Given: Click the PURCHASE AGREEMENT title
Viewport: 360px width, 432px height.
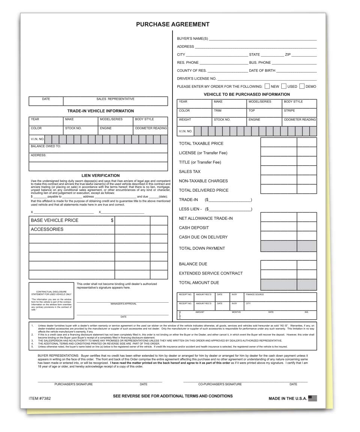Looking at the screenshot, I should point(172,24).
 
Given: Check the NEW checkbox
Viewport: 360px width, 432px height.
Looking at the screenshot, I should point(267,86).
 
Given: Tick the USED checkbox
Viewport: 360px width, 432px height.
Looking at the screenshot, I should point(284,86).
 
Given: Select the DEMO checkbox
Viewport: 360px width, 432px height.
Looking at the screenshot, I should point(302,86).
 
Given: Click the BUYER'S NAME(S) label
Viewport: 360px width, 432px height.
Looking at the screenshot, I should point(192,39).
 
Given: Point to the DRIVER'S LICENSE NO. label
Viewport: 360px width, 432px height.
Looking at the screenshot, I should point(196,78).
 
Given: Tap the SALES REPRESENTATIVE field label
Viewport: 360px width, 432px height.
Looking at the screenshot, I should point(115,99).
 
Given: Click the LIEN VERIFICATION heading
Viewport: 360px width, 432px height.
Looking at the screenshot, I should point(100,175).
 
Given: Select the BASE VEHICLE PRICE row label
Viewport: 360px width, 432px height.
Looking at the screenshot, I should point(54,220).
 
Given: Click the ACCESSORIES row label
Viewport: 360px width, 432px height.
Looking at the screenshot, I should point(47,229).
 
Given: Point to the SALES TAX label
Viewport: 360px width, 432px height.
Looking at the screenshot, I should point(190,171).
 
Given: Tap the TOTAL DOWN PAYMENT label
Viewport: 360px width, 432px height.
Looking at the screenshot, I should point(202,248).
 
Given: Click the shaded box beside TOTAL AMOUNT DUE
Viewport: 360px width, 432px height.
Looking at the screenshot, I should point(278,284).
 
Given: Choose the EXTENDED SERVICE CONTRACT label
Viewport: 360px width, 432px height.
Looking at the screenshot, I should point(210,273).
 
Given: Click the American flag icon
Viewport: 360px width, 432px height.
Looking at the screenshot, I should point(312,398).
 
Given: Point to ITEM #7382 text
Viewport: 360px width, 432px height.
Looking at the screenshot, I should point(39,398).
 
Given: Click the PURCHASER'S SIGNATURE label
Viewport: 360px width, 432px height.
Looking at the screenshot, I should point(73,384).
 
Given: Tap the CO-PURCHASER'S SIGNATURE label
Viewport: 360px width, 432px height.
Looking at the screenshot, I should point(220,384).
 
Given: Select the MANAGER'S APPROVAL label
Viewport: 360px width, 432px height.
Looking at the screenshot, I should point(123,304).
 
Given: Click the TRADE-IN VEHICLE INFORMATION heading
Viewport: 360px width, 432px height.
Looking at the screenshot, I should point(100,111).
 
